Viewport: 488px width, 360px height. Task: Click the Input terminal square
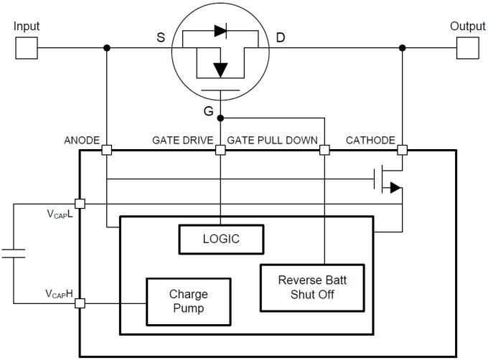[x=26, y=48]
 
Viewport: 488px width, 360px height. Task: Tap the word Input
[x=27, y=27]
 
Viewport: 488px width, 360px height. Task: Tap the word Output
[x=467, y=27]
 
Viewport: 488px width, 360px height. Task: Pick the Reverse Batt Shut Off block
[x=311, y=288]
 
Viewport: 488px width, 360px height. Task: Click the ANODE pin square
[x=106, y=151]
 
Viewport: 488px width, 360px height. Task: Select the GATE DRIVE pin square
[x=220, y=151]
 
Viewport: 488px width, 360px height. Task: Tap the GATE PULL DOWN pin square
[x=324, y=151]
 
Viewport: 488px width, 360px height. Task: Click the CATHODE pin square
[x=402, y=151]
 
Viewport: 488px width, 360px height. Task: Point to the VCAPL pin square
[x=79, y=204]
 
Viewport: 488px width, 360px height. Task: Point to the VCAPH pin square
[x=79, y=303]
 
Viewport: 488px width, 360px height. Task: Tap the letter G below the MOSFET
[x=208, y=111]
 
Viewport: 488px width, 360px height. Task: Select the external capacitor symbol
[x=13, y=252]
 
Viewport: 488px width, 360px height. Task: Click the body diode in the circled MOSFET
[x=220, y=31]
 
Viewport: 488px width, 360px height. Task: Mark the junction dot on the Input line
[x=106, y=48]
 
